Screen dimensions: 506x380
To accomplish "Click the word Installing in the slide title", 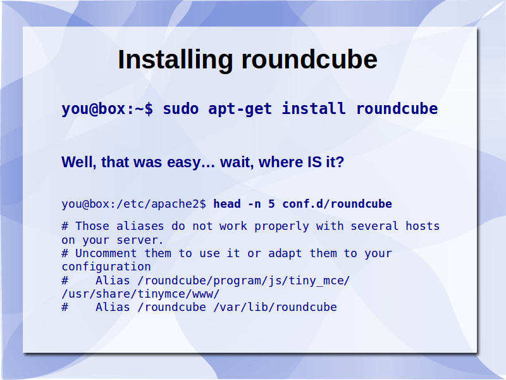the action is click(175, 60).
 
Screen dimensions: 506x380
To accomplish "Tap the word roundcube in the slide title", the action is click(309, 60).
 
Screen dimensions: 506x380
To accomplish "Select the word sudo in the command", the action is click(181, 108).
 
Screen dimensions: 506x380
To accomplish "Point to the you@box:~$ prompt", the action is click(108, 109).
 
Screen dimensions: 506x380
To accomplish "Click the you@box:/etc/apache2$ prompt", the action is click(133, 204).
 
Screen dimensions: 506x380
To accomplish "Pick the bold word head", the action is click(227, 204).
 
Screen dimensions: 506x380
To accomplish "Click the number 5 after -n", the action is click(271, 204).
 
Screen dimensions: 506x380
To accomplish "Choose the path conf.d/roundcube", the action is click(337, 204).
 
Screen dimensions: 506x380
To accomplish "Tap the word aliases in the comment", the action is click(140, 226).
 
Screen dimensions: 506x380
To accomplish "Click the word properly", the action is click(281, 227).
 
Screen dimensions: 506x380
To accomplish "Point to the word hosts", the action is click(423, 226).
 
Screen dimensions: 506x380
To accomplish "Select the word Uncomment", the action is click(106, 253).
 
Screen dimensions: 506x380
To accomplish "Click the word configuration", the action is click(106, 267).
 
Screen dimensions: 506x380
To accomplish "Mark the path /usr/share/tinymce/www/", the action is click(140, 294).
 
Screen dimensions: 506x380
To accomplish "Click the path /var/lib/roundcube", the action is click(275, 307).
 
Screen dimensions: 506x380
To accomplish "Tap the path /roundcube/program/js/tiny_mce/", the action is click(244, 281).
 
